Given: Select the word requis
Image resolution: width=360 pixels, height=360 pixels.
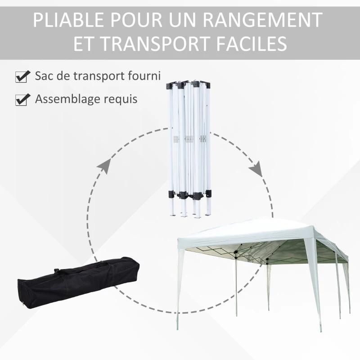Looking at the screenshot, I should [x=121, y=100].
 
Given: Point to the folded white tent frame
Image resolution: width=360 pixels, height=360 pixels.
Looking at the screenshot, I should [x=189, y=144].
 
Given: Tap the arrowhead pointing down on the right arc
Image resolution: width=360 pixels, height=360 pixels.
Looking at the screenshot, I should [x=256, y=170].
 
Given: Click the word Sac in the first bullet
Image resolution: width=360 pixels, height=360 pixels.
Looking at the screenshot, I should [x=44, y=76].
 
